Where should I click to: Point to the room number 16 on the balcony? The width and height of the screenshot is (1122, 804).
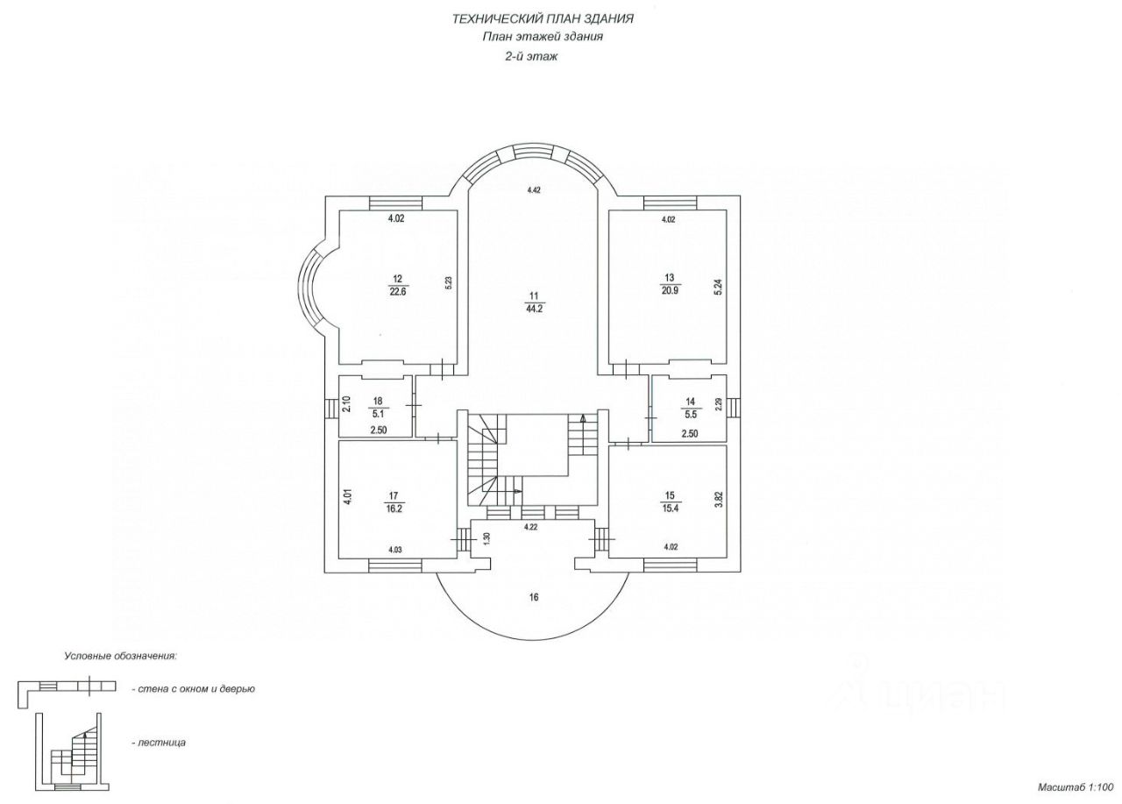533,598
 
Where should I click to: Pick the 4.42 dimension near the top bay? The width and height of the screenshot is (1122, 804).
534,189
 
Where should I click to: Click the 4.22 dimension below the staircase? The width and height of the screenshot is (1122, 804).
530,527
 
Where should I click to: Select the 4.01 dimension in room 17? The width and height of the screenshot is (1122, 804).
347,499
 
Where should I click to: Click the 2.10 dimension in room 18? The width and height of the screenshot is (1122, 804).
346,404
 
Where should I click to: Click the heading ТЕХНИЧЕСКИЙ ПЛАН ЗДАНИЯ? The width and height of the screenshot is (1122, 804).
543,18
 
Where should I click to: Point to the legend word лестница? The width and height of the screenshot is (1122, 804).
161,743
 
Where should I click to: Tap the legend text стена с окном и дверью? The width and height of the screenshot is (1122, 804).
194,689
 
